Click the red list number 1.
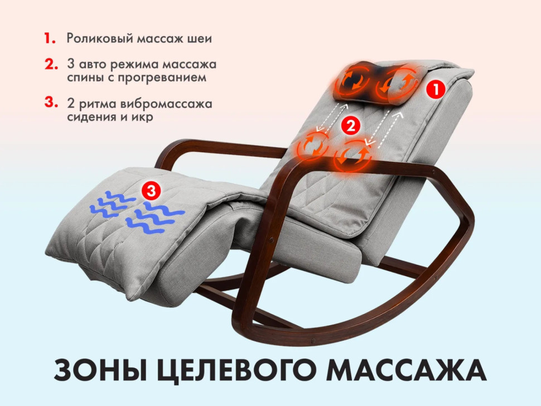pos(50,39)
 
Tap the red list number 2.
pos(51,64)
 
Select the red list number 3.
pos(51,103)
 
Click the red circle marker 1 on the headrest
pos(436,88)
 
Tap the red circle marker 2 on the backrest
pos(350,126)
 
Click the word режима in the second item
pos(125,64)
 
